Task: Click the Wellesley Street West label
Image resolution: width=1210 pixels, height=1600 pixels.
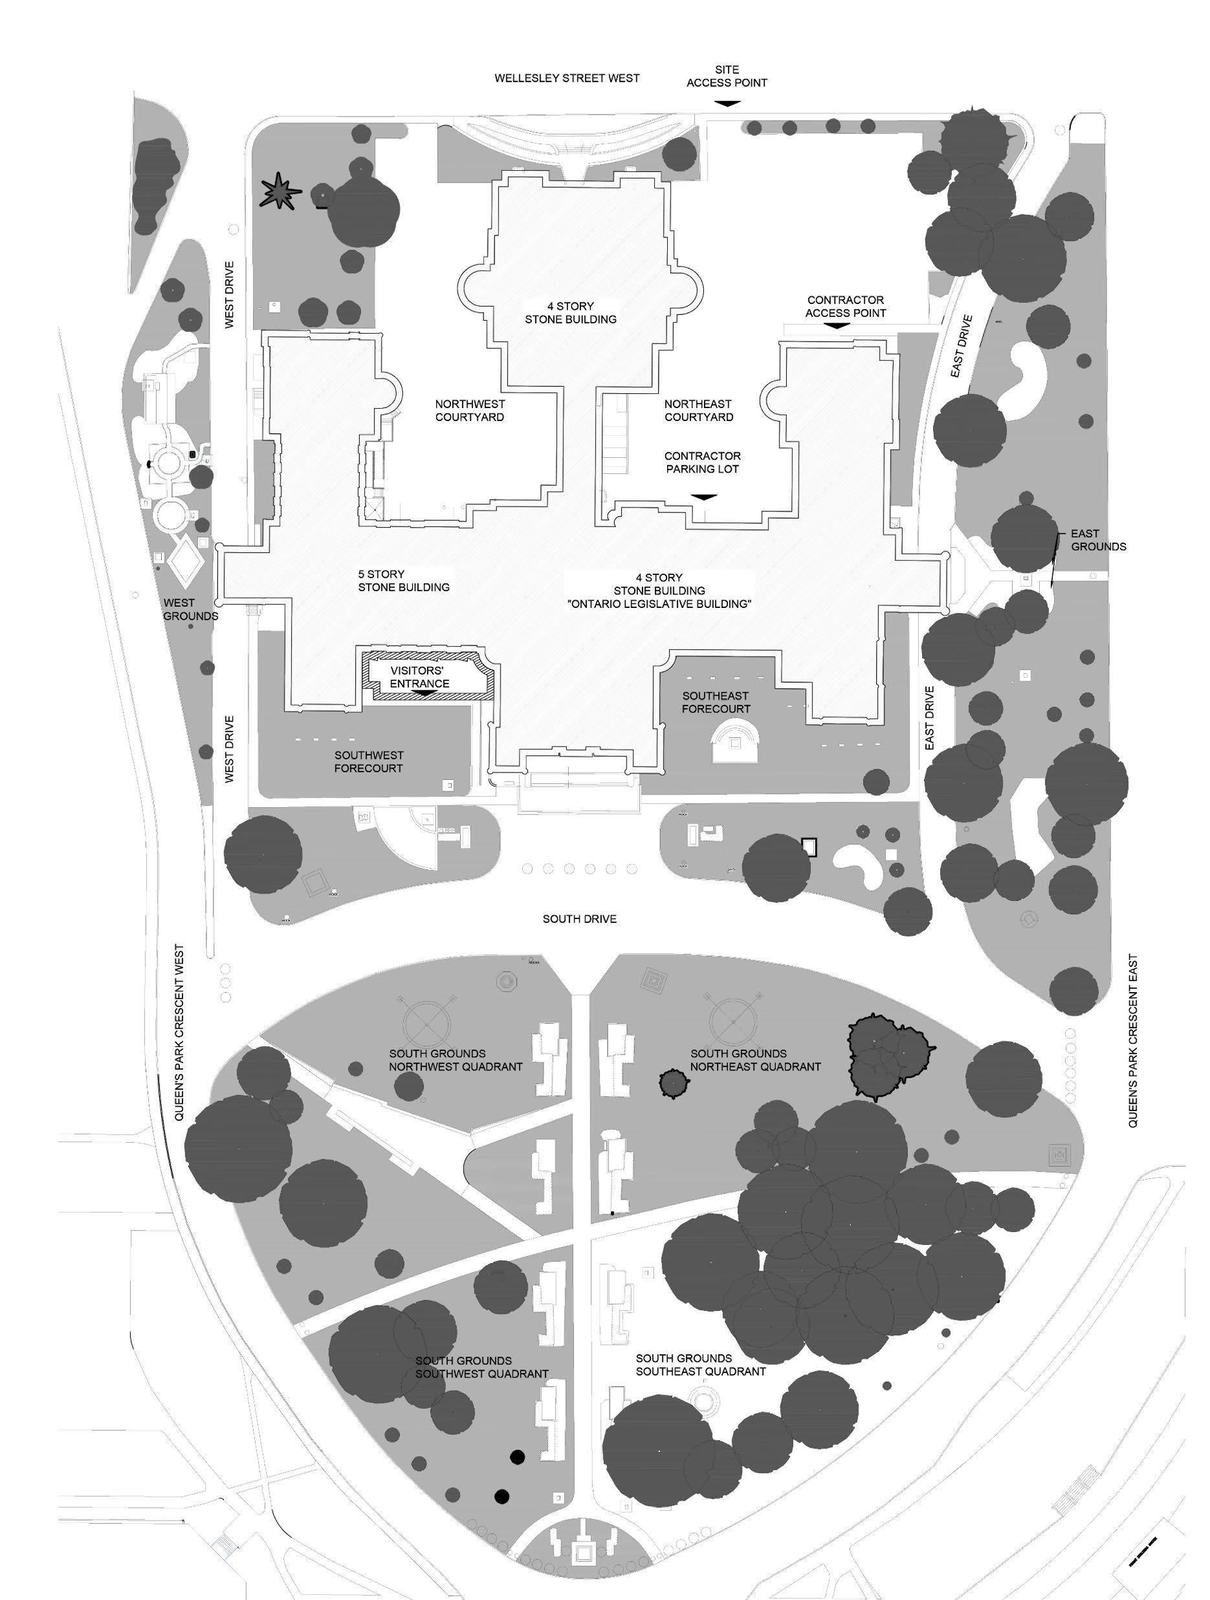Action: coord(567,78)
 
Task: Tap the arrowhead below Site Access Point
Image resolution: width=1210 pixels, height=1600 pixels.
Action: coord(727,104)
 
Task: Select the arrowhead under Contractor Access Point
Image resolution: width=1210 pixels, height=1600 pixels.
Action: coord(837,326)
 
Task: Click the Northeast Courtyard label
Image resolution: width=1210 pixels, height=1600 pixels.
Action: coord(698,410)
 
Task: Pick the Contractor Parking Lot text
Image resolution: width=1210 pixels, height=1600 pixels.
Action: coord(703,462)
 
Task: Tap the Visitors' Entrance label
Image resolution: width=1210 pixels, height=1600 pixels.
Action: coord(419,678)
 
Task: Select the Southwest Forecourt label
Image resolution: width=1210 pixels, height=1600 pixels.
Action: coord(368,762)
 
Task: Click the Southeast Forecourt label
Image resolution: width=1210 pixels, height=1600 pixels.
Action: coord(716,702)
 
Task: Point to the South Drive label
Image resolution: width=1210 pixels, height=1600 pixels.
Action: coord(580,918)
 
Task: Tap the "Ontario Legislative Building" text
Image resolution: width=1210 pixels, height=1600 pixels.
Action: coord(659,603)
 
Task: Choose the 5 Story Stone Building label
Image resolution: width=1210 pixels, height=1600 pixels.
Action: coord(403,581)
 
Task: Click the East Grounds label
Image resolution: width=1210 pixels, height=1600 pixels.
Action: coord(1098,540)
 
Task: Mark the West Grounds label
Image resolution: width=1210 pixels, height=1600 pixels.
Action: coord(190,609)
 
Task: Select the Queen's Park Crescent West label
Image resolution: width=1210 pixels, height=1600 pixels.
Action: coord(179,1032)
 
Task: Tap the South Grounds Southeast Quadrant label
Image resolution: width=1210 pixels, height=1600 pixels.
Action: coord(700,1365)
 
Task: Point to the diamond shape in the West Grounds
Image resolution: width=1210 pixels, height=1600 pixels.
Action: coord(184,561)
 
